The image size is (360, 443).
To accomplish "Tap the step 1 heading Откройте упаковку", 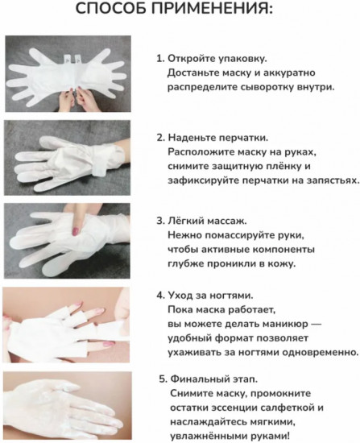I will coord(217,59).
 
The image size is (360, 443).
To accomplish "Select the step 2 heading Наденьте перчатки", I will coord(217,137).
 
